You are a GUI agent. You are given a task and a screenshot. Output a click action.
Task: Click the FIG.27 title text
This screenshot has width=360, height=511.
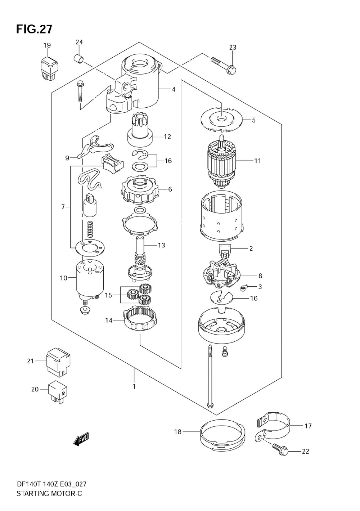coord(34,30)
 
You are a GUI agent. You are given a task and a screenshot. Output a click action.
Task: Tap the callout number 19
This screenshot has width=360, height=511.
coord(47,45)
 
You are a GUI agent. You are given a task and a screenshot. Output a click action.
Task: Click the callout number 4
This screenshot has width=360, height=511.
coord(174,90)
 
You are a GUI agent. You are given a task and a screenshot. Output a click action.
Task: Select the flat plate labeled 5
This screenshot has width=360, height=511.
coord(221,120)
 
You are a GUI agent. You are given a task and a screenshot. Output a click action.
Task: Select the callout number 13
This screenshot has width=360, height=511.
coord(161,246)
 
